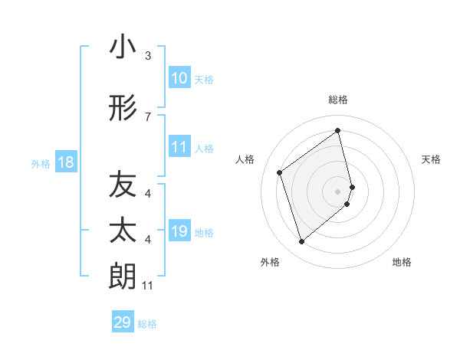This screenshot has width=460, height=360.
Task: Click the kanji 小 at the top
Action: pyautogui.click(x=123, y=47)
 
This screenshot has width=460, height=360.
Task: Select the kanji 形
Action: pyautogui.click(x=123, y=110)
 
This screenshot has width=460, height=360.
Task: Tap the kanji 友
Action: pyautogui.click(x=123, y=185)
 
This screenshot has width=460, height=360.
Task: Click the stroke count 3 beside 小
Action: pyautogui.click(x=148, y=56)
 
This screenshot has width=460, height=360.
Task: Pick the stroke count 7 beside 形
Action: pyautogui.click(x=148, y=116)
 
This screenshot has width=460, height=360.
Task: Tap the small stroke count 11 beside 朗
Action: pyautogui.click(x=148, y=286)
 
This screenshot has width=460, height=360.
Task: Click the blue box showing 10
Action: pyautogui.click(x=179, y=79)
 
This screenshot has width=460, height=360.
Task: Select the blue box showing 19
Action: pyautogui.click(x=179, y=232)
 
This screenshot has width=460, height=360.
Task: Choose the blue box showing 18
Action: pyautogui.click(x=65, y=163)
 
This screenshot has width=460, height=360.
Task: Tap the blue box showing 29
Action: pyautogui.click(x=122, y=323)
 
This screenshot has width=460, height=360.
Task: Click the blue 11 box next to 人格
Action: pyautogui.click(x=179, y=148)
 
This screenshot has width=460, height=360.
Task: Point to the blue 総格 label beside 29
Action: pyautogui.click(x=147, y=324)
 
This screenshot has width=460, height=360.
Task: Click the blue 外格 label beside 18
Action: pyautogui.click(x=40, y=164)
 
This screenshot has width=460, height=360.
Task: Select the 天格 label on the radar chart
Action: pyautogui.click(x=432, y=159)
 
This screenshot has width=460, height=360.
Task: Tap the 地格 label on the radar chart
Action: pyautogui.click(x=402, y=262)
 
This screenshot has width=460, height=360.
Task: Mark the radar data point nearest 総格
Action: pyautogui.click(x=337, y=130)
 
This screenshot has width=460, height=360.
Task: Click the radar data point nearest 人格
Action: pyautogui.click(x=280, y=172)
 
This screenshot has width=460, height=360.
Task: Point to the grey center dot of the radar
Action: pyautogui.click(x=337, y=191)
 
